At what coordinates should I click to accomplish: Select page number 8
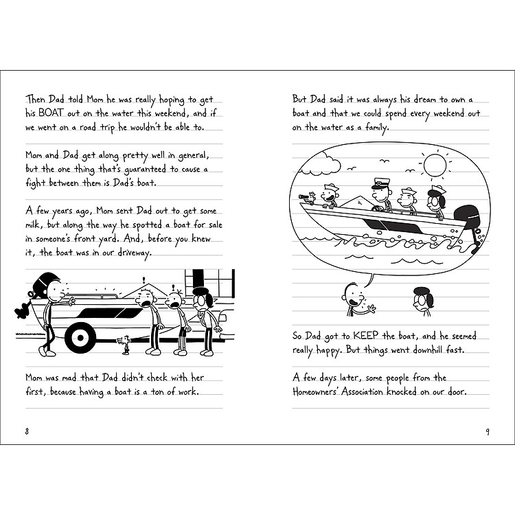pyautogui.click(x=26, y=431)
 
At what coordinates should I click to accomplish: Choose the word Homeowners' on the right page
pyautogui.click(x=325, y=392)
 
